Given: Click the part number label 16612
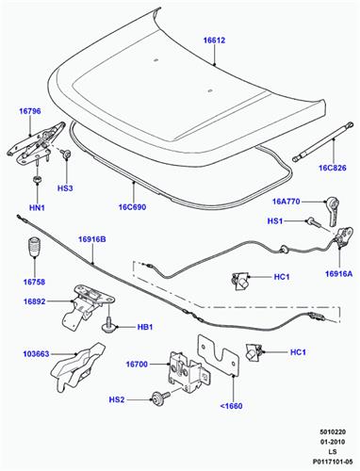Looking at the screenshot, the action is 214,41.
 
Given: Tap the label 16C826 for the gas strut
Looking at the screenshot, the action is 333,168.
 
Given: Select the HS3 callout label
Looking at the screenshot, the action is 65,188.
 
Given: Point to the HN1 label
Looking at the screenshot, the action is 37,207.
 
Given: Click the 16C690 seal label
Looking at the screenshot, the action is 132,207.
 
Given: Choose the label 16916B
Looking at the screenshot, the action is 92,239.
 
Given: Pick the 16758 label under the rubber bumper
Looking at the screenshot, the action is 34,282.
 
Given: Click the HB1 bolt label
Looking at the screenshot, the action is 145,327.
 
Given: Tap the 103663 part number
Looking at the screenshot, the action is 36,354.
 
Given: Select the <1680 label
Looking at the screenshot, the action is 231,406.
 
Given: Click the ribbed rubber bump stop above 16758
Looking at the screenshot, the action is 35,247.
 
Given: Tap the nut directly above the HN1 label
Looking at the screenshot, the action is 38,180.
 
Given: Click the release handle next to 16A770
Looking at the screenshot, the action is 334,211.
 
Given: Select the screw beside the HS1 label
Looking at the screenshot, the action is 313,222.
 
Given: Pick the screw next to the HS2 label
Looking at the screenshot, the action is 160,397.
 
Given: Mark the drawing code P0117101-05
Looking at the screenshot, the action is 333,462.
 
